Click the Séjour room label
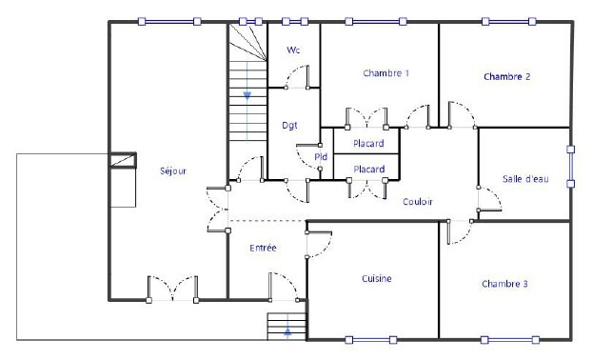(173, 171)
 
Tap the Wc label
(293, 50)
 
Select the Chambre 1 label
(386, 73)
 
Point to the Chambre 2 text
(506, 77)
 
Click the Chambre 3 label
(504, 284)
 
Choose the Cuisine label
(377, 279)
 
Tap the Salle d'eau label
(525, 179)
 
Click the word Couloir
(418, 202)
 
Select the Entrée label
(264, 248)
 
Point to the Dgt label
(289, 126)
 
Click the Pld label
(321, 157)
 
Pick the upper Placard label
(368, 144)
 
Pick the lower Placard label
(368, 170)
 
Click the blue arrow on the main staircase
(247, 95)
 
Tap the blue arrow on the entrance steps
(287, 332)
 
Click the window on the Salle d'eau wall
(571, 167)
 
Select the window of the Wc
(295, 22)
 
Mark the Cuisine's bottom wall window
(371, 340)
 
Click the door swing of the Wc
(297, 77)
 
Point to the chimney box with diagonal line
(123, 160)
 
